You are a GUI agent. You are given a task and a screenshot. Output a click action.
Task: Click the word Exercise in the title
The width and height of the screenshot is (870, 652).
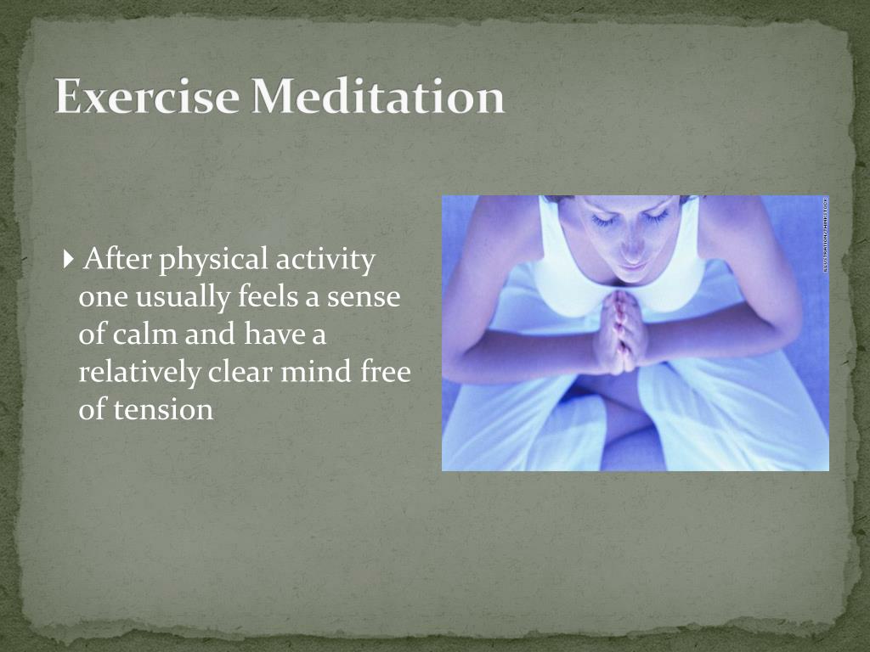pos(146,98)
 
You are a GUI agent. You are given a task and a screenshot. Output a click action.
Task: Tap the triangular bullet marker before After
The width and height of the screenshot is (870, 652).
pos(69,258)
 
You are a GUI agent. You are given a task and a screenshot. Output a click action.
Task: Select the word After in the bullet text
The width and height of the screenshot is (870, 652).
pos(116,259)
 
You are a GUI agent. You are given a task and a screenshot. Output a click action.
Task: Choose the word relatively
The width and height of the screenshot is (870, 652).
pos(140,373)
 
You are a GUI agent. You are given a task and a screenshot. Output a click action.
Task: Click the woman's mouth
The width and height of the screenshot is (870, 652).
pos(633,265)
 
